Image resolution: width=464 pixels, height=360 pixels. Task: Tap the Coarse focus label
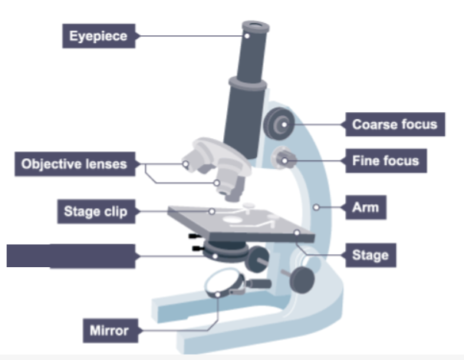(394, 124)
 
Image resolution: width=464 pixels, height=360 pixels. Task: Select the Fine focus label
(386, 161)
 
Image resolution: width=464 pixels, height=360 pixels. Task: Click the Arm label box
(360, 206)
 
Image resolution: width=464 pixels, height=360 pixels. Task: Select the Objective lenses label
(74, 163)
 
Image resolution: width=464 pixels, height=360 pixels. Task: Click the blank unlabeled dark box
(72, 255)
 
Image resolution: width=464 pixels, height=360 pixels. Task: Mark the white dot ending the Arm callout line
(316, 206)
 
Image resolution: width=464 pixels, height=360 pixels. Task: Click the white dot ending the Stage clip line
(212, 210)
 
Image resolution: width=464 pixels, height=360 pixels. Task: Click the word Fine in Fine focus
(367, 161)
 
